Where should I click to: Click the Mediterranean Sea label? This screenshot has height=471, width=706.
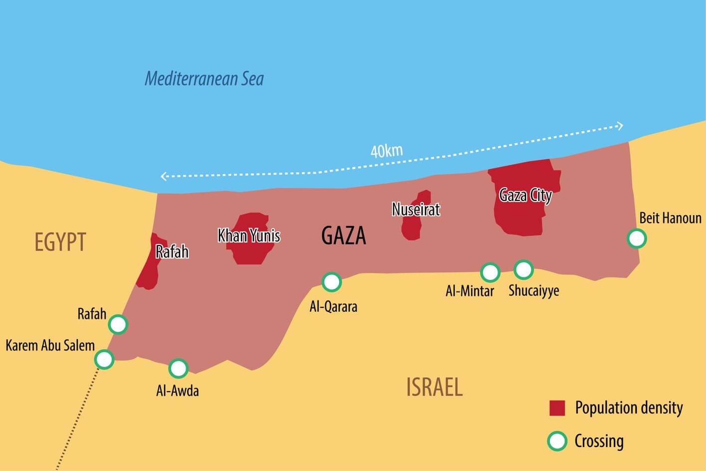pos(204,79)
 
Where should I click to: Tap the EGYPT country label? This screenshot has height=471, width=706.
pos(60,242)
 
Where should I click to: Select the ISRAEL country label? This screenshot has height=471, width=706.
pos(434,387)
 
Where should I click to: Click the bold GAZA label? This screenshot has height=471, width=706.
pos(343,235)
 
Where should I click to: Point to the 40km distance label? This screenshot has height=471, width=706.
pos(387,150)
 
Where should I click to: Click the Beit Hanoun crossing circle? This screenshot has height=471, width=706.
pos(637,238)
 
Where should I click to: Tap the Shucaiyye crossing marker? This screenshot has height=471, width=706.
pos(524,269)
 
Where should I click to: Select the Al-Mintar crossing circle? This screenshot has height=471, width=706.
pos(490,272)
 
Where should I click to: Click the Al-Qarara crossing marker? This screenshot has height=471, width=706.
pos(332,282)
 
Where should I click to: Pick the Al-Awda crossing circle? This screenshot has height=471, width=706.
pos(178,368)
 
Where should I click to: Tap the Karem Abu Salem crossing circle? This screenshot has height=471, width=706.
pos(104,359)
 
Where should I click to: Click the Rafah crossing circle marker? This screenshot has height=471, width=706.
pos(118,325)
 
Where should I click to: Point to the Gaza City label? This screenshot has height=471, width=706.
pos(525,195)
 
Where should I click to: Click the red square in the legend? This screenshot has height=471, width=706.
pos(557,408)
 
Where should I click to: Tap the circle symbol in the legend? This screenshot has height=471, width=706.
pos(557,441)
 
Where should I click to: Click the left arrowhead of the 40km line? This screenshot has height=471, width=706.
pos(163,176)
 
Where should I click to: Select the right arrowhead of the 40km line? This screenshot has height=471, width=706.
pos(620,126)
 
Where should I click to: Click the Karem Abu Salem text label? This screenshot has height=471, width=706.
pos(50,345)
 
